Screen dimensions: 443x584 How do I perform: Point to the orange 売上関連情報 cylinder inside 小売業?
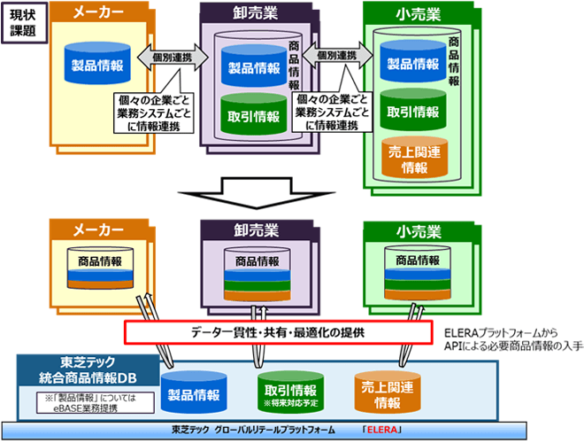click(412, 158)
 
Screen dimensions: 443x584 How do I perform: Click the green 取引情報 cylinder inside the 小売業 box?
click(412, 113)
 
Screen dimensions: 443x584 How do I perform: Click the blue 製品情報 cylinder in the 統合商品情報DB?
click(196, 390)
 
